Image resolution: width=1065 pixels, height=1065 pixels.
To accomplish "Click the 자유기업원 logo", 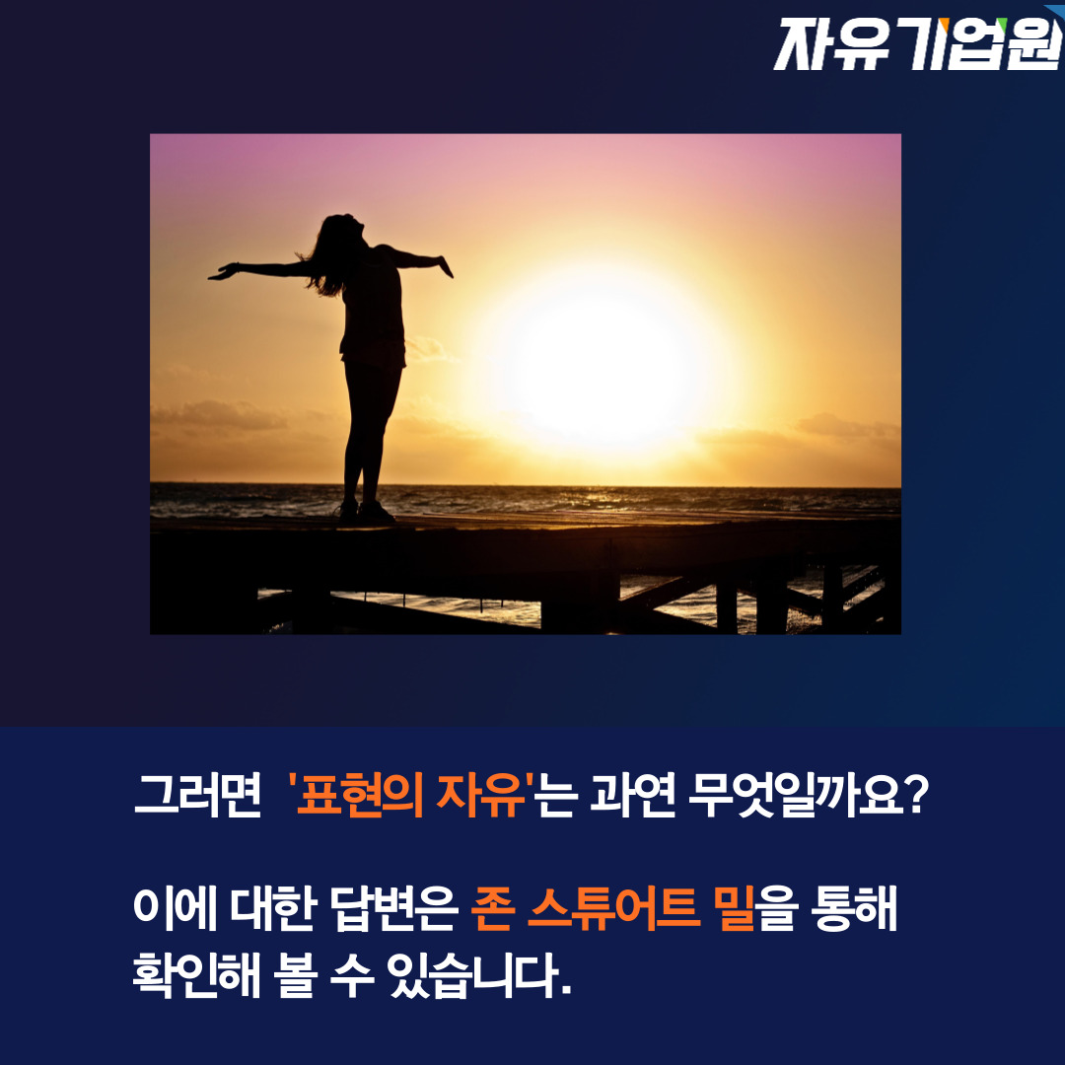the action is click(918, 44).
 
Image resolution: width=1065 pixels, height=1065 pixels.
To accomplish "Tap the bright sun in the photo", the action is click(602, 359).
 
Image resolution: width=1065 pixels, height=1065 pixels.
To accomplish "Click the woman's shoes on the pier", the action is click(366, 512).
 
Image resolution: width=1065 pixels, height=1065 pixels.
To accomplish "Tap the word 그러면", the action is click(197, 794).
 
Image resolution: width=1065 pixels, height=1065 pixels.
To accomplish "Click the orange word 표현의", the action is click(361, 794).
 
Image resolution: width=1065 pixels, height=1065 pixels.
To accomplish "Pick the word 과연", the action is click(632, 794).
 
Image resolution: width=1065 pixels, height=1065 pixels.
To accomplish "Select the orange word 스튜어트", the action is click(614, 907).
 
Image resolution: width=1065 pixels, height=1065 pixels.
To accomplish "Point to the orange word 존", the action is click(493, 907).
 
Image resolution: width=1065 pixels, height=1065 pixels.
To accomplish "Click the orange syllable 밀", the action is click(735, 907).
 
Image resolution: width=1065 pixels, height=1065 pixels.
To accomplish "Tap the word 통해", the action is click(854, 907).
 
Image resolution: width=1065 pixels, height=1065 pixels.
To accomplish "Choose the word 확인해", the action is click(197, 974).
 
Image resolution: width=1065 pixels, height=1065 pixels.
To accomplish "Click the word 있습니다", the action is click(479, 975).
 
